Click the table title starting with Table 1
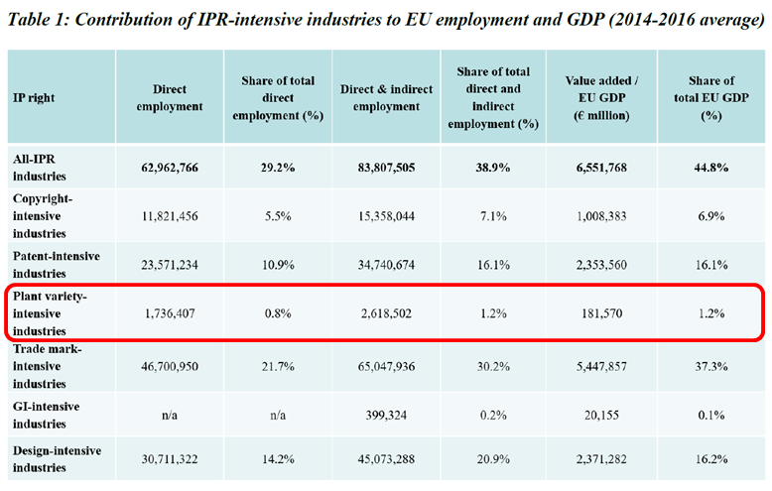(386, 21)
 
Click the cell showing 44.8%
(708, 168)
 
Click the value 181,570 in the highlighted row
(592, 313)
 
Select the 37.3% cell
(708, 366)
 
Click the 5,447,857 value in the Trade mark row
(592, 366)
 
